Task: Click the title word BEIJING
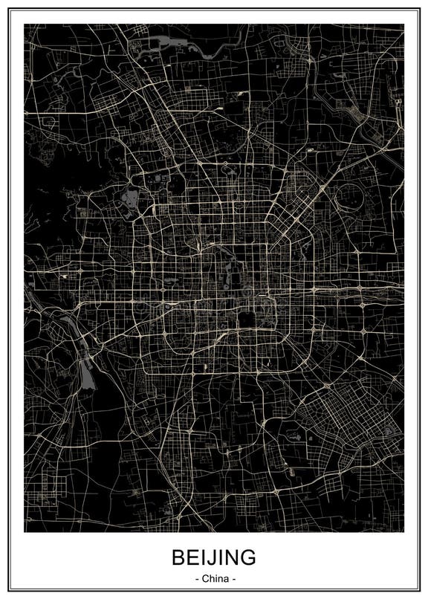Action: tap(214, 557)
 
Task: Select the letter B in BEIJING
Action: tap(179, 557)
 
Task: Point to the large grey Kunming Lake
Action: tap(132, 198)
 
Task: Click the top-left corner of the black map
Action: tap(25, 25)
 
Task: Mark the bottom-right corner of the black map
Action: tap(403, 531)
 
